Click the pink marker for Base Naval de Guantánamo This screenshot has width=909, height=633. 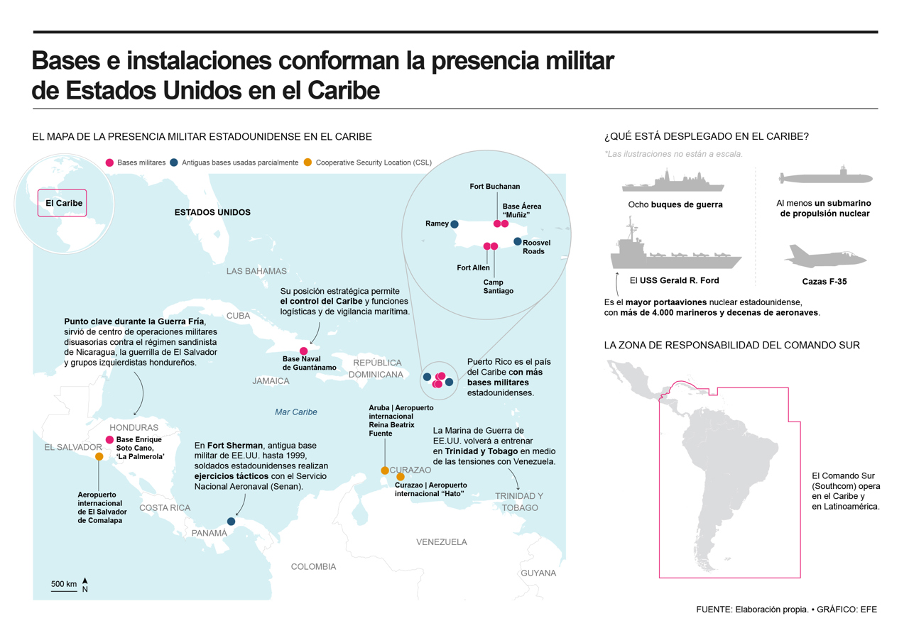(303, 351)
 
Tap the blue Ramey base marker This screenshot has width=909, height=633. (454, 224)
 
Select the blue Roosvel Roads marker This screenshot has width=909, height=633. (518, 242)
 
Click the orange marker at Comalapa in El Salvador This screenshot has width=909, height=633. (99, 456)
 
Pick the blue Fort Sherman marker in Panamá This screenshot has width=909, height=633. (231, 522)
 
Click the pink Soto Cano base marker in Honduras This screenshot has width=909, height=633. (109, 439)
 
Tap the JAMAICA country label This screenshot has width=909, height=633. (271, 381)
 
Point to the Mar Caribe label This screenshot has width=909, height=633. (296, 412)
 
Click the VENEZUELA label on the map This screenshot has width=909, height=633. (442, 541)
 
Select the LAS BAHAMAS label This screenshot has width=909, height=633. (256, 271)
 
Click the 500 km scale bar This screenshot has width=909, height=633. (64, 591)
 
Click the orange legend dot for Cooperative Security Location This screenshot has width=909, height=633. (307, 163)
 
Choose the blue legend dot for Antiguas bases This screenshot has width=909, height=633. (174, 163)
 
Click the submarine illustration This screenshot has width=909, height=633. (826, 177)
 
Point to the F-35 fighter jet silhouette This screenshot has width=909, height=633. (825, 256)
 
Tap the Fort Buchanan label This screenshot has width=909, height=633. (495, 186)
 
